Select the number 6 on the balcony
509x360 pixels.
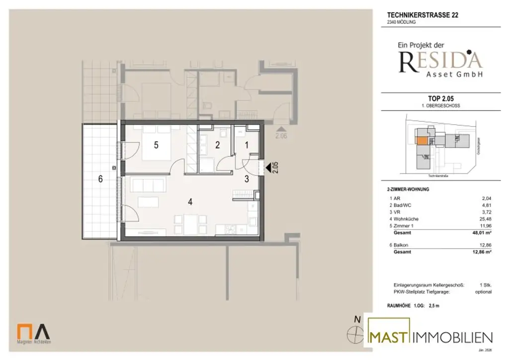[x=100, y=180]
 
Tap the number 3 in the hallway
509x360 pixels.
[x=247, y=180]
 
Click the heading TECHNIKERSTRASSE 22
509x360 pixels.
[x=423, y=15]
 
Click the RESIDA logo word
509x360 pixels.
[x=441, y=61]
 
